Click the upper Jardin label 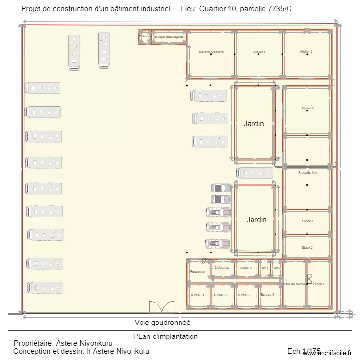click(253, 124)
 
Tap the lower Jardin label click(256, 220)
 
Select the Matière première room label click(211, 52)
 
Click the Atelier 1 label click(259, 52)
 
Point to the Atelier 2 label click(306, 52)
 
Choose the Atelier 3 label click(307, 108)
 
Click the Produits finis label click(307, 173)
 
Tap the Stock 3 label click(307, 221)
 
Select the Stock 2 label click(307, 248)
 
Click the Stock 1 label click(319, 284)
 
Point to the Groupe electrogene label click(168, 36)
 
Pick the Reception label click(197, 272)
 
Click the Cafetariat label click(222, 268)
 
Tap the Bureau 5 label click(245, 268)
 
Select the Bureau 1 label click(197, 295)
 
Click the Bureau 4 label click(267, 295)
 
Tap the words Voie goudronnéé click(162, 323)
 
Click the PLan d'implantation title click(166, 336)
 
